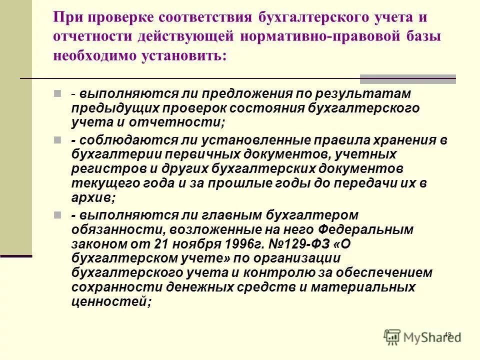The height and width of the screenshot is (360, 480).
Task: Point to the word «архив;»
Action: tap(93, 197)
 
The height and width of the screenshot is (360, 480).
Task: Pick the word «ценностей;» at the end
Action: tap(110, 301)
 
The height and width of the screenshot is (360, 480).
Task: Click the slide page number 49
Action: tap(447, 334)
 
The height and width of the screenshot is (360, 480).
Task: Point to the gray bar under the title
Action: tap(408, 78)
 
